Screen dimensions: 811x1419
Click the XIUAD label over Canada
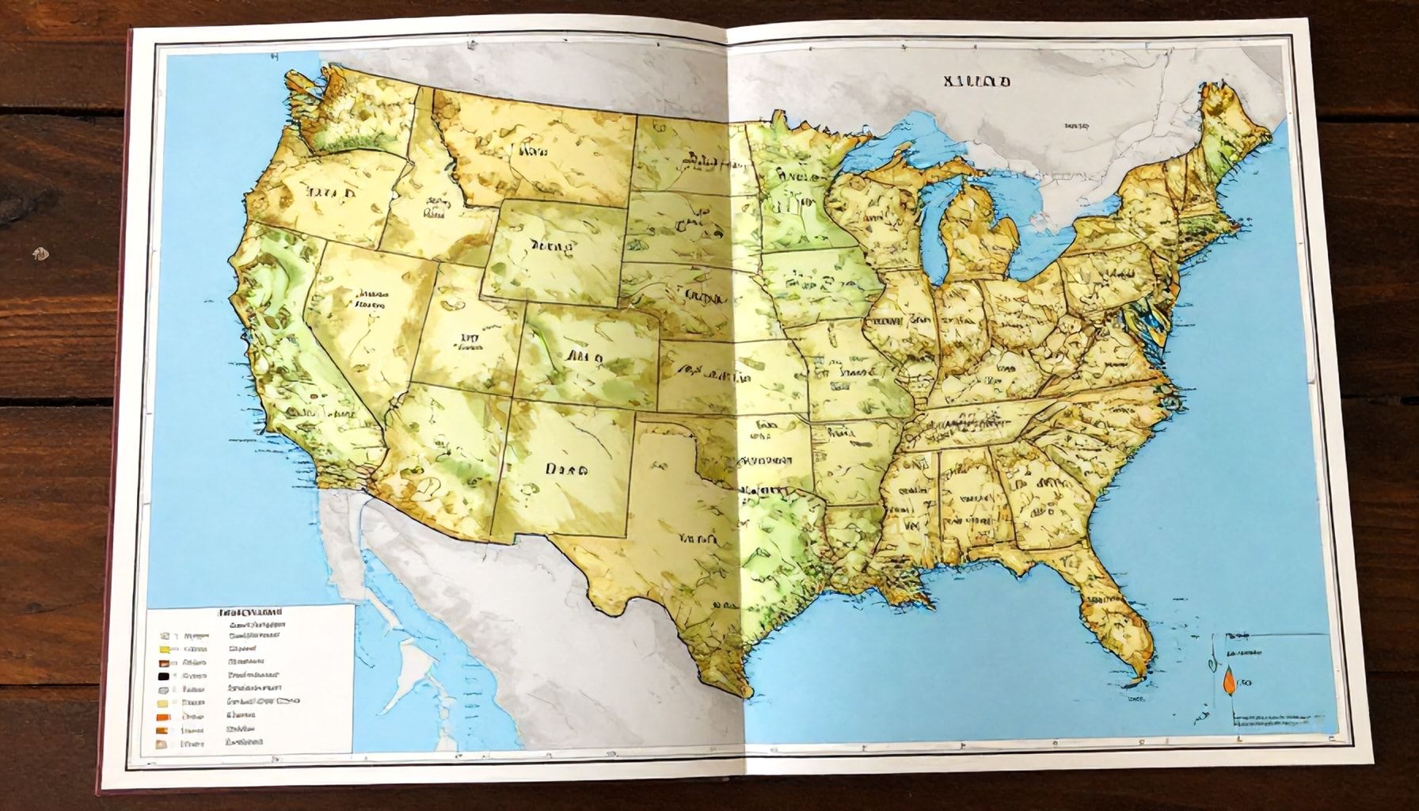click(x=976, y=81)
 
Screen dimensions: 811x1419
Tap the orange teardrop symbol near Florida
click(x=1228, y=681)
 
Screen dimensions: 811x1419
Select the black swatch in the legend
click(x=164, y=676)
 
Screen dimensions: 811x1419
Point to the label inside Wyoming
click(x=551, y=247)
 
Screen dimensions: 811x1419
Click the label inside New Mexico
click(x=565, y=469)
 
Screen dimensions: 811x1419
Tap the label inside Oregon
click(x=332, y=193)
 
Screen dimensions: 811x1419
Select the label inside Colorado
click(x=584, y=357)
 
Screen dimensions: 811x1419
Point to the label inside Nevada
click(x=372, y=297)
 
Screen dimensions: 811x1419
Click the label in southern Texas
click(x=698, y=539)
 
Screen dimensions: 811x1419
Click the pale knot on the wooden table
click(x=38, y=254)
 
